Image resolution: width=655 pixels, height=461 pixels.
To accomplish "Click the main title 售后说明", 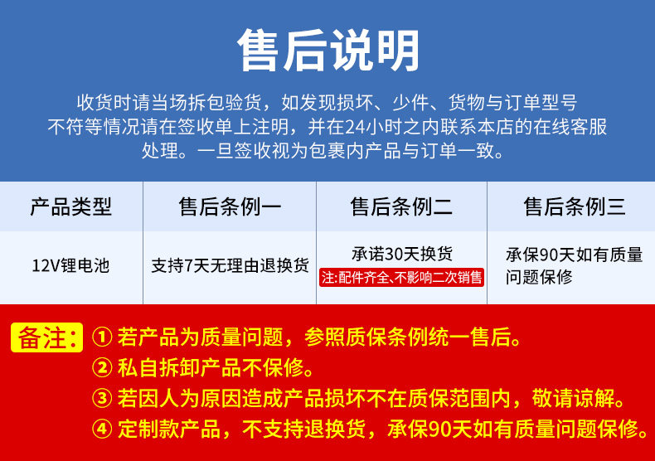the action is tap(328, 50).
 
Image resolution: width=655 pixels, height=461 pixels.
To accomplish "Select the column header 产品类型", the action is tap(71, 206).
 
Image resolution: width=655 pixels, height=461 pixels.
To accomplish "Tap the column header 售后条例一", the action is tap(230, 206).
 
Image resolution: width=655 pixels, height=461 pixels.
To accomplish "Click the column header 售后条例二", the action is tap(401, 206).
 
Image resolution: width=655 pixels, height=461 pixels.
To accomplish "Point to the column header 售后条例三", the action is tap(575, 206).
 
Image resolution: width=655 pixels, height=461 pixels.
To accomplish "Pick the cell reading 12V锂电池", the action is tap(70, 265).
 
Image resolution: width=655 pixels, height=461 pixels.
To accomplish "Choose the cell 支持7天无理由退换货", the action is tap(230, 265).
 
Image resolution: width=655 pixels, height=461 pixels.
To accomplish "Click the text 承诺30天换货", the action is tap(402, 254).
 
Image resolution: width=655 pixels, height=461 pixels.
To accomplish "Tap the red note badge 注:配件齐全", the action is tap(401, 277).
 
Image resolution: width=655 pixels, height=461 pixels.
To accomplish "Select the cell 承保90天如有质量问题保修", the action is tap(574, 265).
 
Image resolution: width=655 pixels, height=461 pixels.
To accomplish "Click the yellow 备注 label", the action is tap(46, 337).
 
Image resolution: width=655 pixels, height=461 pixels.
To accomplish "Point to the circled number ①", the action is tap(102, 337).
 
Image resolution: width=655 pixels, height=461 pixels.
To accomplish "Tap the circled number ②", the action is tap(102, 367).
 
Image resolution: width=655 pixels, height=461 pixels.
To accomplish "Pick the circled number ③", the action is tap(102, 398).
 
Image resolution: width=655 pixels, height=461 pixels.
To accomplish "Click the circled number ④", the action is tap(102, 429).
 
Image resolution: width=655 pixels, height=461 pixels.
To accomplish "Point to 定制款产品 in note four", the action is tap(169, 429).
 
